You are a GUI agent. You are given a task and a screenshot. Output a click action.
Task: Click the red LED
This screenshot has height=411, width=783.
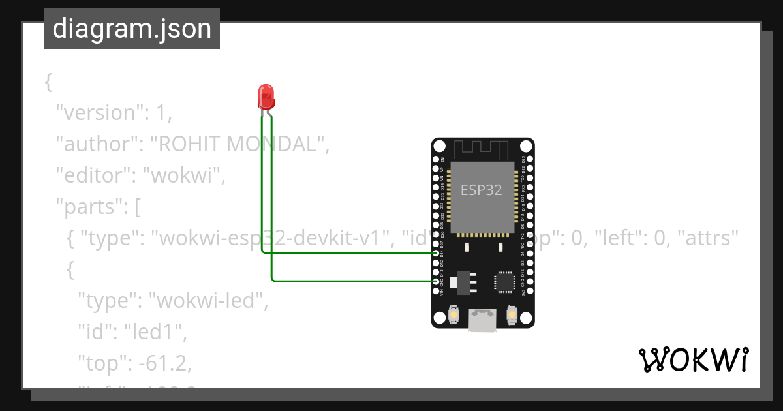pyautogui.click(x=266, y=97)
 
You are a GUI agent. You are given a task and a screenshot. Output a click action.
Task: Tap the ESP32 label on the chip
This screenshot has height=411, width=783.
pyautogui.click(x=482, y=190)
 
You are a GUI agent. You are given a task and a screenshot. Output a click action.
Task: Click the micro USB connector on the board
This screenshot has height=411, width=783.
pyautogui.click(x=482, y=319)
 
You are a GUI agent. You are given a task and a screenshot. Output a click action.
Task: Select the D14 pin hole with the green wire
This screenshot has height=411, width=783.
pyautogui.click(x=436, y=252)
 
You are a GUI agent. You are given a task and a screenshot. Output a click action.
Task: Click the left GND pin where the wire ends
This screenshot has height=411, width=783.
pyautogui.click(x=436, y=281)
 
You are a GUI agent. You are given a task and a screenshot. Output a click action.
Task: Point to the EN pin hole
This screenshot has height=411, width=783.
pyautogui.click(x=436, y=159)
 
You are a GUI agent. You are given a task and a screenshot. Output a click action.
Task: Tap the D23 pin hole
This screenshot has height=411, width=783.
pyautogui.click(x=529, y=159)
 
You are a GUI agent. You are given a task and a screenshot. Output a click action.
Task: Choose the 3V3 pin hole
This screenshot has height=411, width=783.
pyautogui.click(x=529, y=291)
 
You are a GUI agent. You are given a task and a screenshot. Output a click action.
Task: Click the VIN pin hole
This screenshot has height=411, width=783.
pyautogui.click(x=436, y=291)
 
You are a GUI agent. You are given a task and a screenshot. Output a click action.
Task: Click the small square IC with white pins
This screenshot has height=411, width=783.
pyautogui.click(x=504, y=281)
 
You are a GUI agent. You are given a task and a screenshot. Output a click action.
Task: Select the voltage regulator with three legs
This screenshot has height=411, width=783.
pyautogui.click(x=465, y=281)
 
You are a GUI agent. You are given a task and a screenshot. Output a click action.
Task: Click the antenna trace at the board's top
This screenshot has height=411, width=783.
pyautogui.click(x=482, y=148)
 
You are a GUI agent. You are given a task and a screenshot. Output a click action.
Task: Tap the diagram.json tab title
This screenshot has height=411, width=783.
pyautogui.click(x=132, y=29)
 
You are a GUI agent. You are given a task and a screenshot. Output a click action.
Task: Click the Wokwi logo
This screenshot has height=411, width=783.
pyautogui.click(x=693, y=360)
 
